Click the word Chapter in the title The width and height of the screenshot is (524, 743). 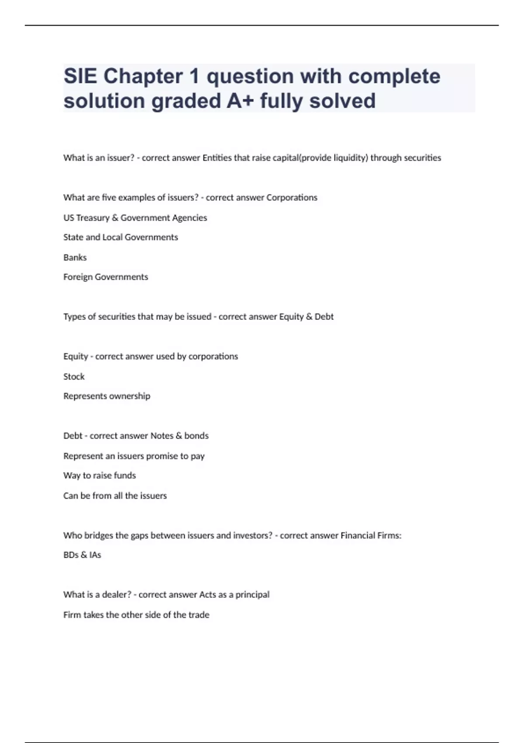(x=143, y=76)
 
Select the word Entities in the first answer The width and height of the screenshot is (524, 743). (x=217, y=158)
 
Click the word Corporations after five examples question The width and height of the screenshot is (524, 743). (x=292, y=198)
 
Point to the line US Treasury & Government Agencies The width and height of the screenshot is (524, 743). (x=135, y=218)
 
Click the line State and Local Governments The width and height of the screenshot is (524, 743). (x=121, y=237)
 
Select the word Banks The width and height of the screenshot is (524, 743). (x=75, y=257)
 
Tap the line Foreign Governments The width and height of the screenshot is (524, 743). (x=106, y=277)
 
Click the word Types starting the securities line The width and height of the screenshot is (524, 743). (x=74, y=317)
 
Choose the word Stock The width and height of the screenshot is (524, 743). (x=74, y=376)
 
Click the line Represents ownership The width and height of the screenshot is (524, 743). (x=107, y=396)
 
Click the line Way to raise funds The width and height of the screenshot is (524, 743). (x=100, y=476)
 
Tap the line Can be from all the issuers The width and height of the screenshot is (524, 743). (x=115, y=496)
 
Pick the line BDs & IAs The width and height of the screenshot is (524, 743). (x=82, y=555)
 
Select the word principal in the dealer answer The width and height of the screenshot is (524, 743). (x=252, y=595)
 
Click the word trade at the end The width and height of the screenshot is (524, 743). (x=199, y=615)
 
